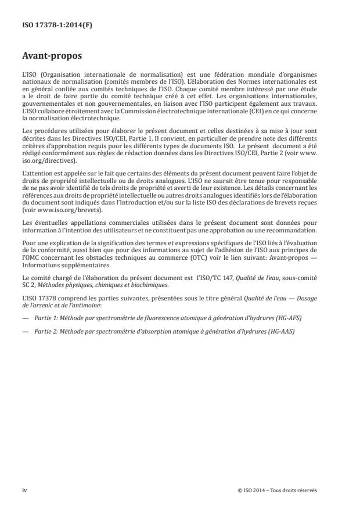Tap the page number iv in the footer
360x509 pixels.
tap(24, 490)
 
